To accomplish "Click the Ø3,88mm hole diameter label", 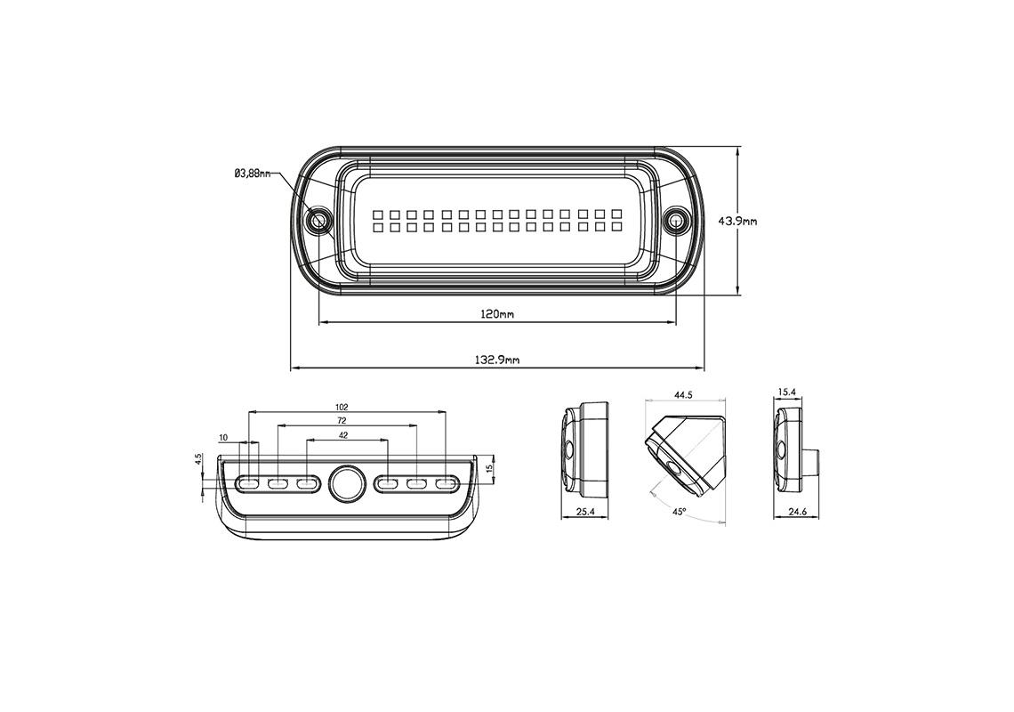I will coord(252,174).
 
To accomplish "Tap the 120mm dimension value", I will coord(496,314).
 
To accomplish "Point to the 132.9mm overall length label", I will coord(497,360).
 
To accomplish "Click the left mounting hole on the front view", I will coord(318,220).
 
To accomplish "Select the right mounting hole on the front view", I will coord(677,220).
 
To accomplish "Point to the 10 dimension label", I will coord(223,438).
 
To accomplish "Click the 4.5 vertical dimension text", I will coord(199,459).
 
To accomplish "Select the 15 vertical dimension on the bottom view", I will coord(489,466).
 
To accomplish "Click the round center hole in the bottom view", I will coord(347,483).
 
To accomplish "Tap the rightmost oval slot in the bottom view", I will coord(445,483).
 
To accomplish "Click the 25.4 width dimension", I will coord(584,512).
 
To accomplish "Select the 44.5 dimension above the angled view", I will coord(683,394).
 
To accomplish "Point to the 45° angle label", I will coord(679,512).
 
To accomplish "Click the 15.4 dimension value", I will coord(786,392).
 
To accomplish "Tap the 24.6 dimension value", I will coord(797,512).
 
